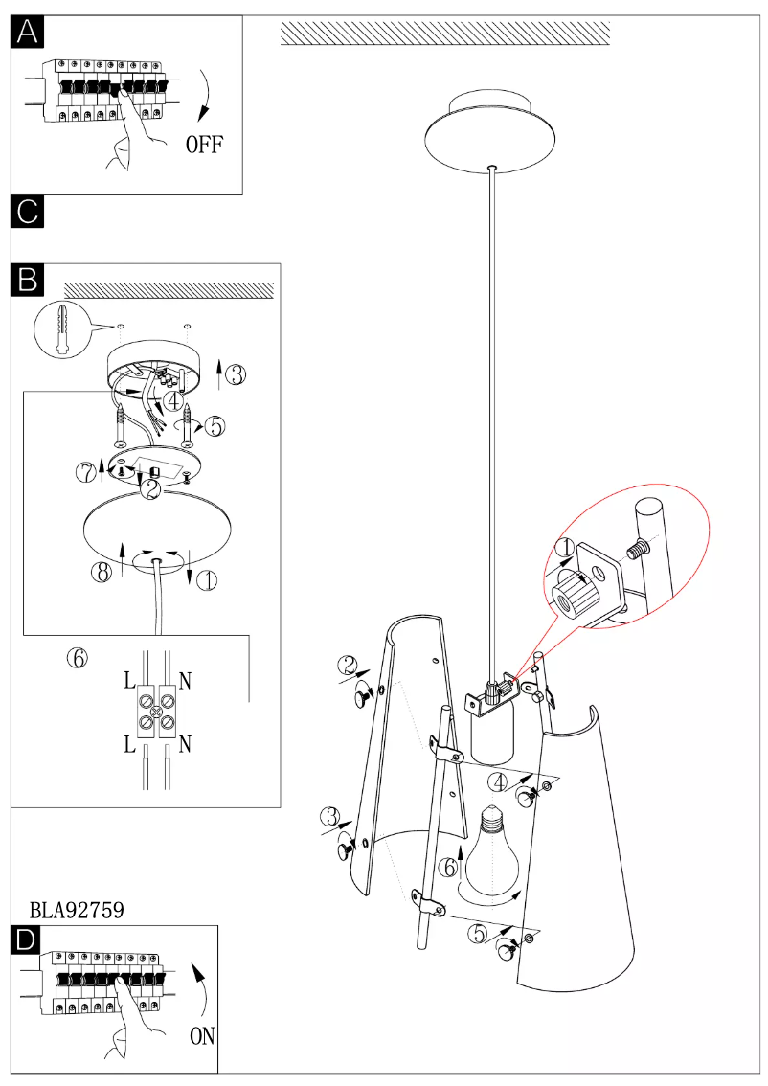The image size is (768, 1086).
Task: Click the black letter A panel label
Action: pos(28,33)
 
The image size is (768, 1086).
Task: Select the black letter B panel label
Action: pos(28,279)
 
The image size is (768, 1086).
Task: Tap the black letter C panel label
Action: pos(28,212)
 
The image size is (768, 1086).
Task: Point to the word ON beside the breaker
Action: pos(202,1035)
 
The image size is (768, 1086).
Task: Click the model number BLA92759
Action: pos(77,911)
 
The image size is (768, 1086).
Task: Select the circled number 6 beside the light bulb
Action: pos(448,868)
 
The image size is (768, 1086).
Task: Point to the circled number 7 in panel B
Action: pos(86,471)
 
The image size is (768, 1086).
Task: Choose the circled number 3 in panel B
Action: pos(236,374)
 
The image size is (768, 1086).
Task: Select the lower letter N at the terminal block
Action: pos(185,744)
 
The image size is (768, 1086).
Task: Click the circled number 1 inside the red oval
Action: pos(564,549)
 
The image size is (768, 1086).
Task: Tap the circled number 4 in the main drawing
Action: pos(496,781)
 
